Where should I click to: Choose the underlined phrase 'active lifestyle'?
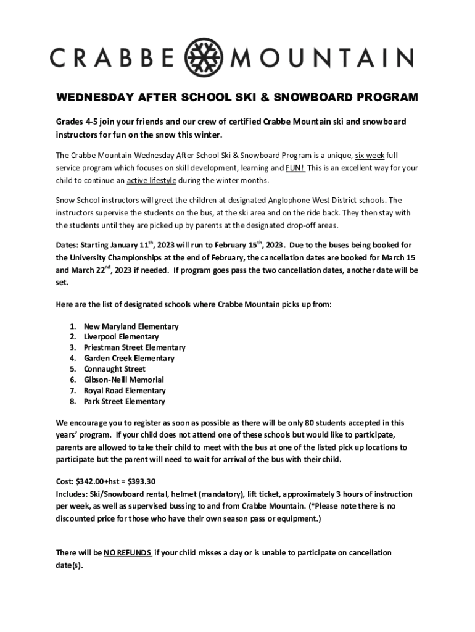coord(152,180)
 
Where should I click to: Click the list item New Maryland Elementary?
coord(131,326)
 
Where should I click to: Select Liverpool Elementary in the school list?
coord(121,337)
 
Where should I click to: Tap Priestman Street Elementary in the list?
coord(134,347)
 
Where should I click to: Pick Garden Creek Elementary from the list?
coord(129,358)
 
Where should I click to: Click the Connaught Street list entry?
coord(115,369)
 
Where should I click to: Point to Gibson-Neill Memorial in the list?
coord(124,380)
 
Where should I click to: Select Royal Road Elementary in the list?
coord(125,391)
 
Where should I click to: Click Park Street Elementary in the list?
coord(125,401)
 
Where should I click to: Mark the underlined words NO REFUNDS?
coord(128,553)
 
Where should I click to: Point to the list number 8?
coord(72,401)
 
